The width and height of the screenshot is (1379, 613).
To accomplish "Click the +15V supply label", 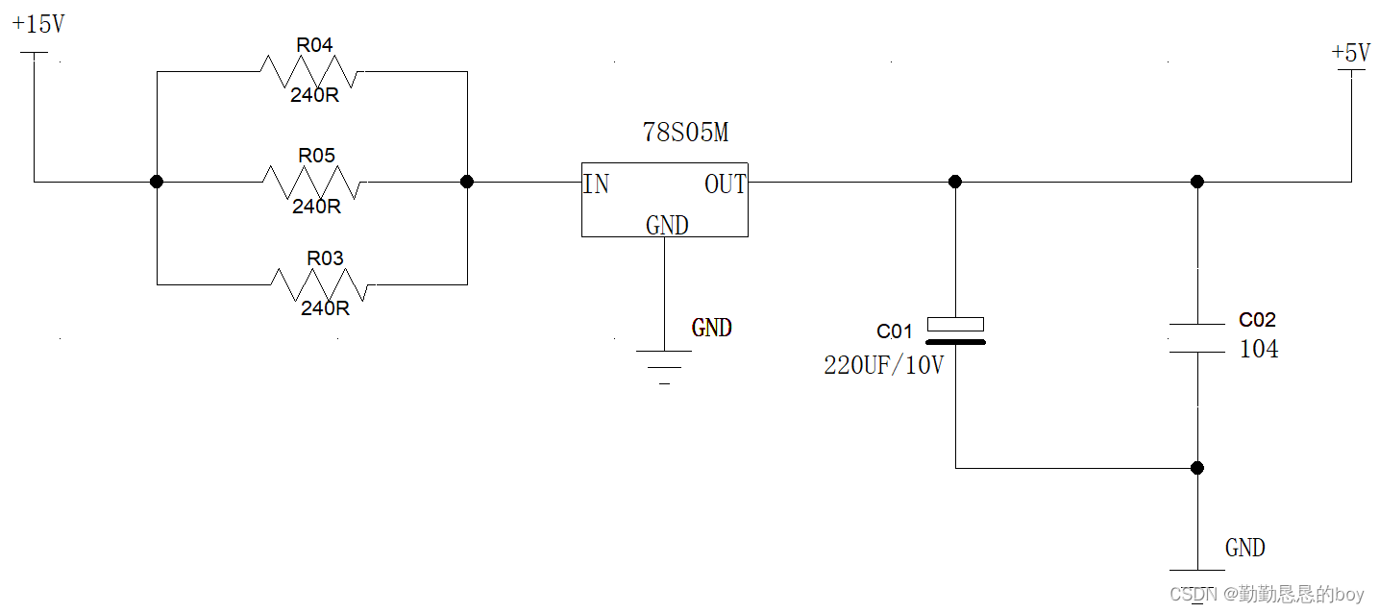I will pyautogui.click(x=38, y=24).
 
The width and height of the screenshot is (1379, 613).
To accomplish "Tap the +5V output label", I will pyautogui.click(x=1350, y=53).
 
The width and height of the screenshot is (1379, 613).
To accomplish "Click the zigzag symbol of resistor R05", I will pyautogui.click(x=313, y=181).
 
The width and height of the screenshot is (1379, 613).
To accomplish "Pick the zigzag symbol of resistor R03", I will pyautogui.click(x=321, y=284).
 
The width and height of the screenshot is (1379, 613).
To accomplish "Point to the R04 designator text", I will pyautogui.click(x=314, y=45).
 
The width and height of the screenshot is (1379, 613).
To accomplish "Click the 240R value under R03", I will pyautogui.click(x=325, y=308).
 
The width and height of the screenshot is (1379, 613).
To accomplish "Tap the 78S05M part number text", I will pyautogui.click(x=685, y=133).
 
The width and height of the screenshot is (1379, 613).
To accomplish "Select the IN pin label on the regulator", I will pyautogui.click(x=597, y=184).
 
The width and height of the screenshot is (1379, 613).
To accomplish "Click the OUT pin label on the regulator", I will pyautogui.click(x=725, y=184).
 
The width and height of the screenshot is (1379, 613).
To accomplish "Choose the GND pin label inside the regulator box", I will pyautogui.click(x=667, y=225).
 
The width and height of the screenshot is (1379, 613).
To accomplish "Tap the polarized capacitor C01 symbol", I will pyautogui.click(x=955, y=330).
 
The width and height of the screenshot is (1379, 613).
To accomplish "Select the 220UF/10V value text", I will pyautogui.click(x=883, y=366).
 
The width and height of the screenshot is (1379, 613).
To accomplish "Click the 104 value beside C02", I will pyautogui.click(x=1259, y=349).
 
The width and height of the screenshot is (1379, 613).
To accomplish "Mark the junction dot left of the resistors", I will pyautogui.click(x=157, y=182).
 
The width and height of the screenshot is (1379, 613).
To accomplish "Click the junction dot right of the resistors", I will pyautogui.click(x=467, y=182).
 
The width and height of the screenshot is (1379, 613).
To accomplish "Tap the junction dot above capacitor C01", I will pyautogui.click(x=955, y=182).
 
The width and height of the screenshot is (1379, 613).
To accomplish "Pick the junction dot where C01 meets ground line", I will pyautogui.click(x=1197, y=468).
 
